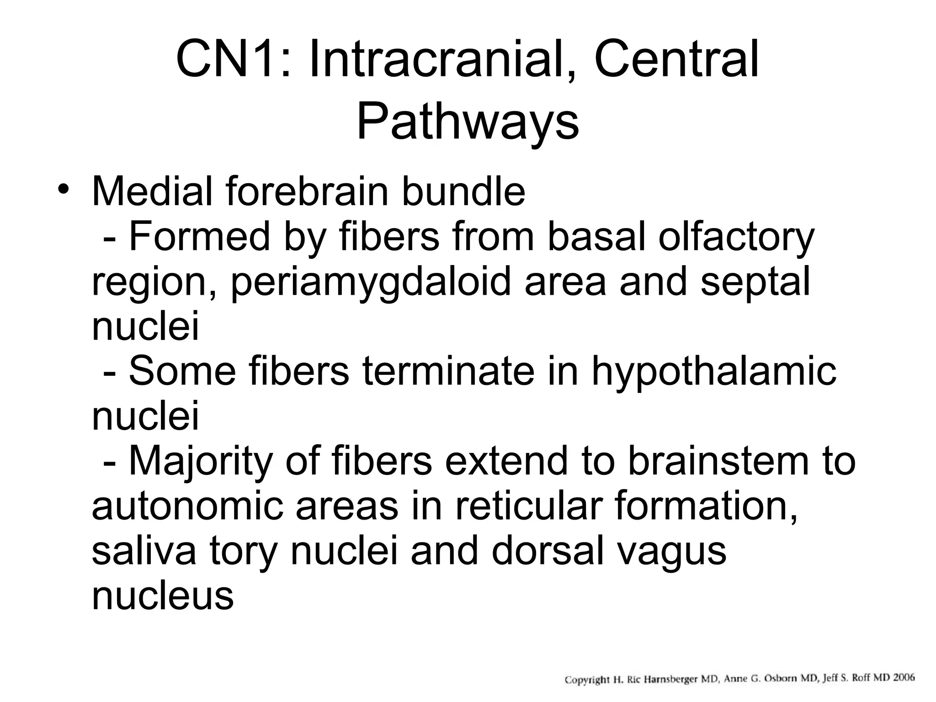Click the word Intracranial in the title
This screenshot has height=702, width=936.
coord(437,60)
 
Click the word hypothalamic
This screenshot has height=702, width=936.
coord(714,371)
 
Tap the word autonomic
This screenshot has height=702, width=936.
coord(187,505)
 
